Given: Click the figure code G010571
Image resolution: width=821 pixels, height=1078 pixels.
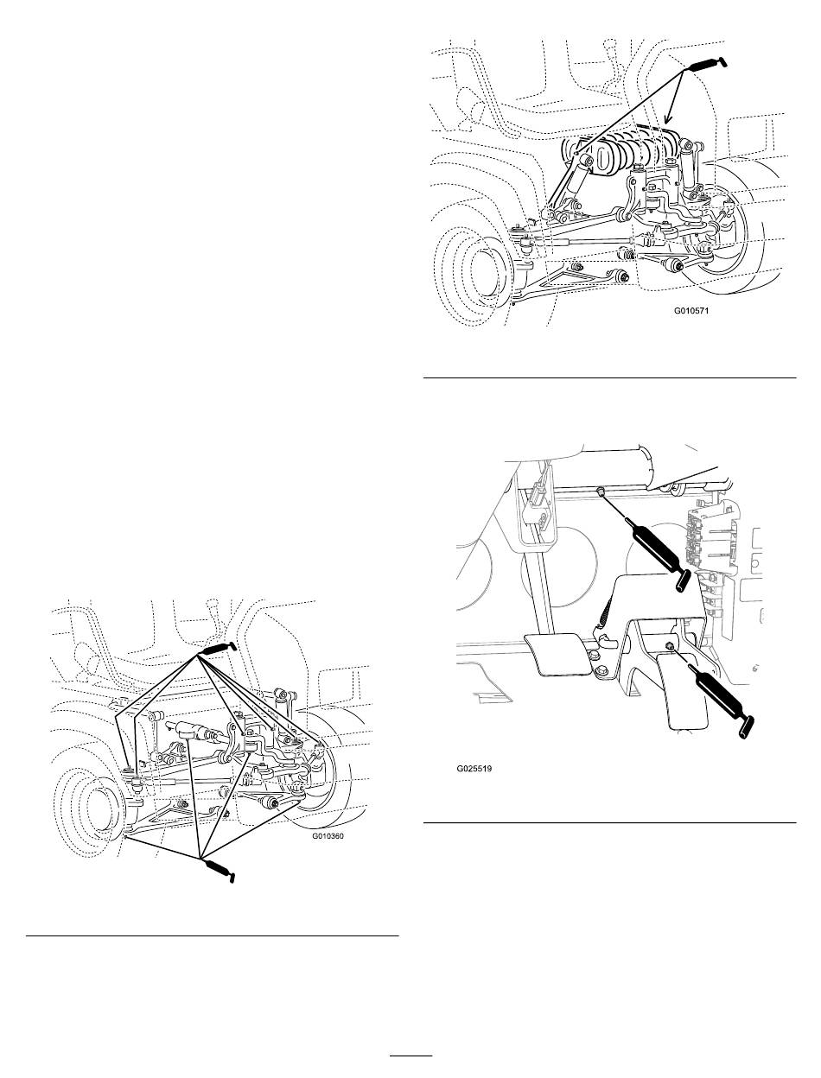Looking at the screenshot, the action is tap(691, 311).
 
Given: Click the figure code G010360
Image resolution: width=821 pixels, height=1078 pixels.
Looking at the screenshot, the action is tap(328, 835).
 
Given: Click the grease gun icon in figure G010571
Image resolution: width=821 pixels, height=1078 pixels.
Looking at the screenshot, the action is tap(709, 64).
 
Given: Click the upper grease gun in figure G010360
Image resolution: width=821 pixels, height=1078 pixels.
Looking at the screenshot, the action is tap(218, 649).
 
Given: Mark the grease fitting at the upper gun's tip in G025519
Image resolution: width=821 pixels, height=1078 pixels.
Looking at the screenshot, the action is tap(600, 491).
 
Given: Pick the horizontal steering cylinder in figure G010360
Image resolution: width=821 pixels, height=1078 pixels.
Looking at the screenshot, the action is tap(194, 732).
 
